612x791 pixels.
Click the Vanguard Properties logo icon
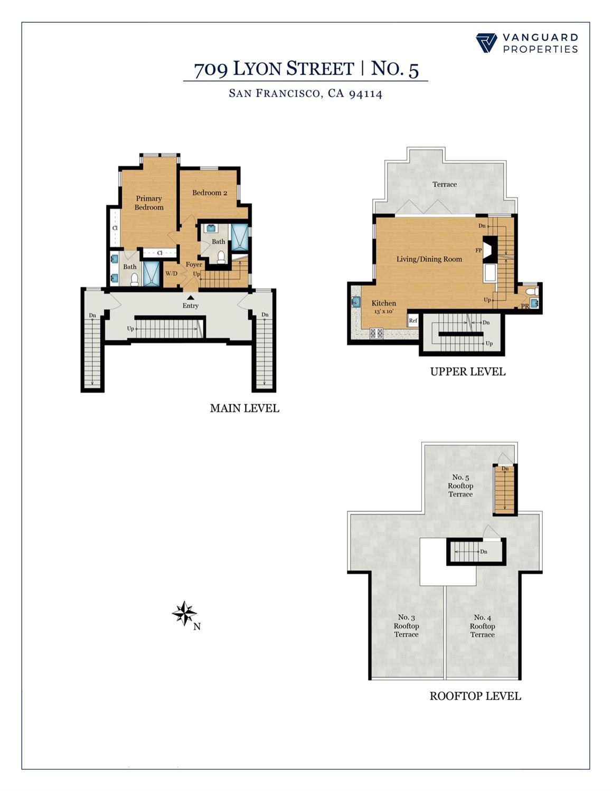486,43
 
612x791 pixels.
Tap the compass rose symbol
184,613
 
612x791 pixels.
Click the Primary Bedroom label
149,203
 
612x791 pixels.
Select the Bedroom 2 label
210,193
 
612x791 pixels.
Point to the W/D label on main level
171,274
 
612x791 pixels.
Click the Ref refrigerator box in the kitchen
413,320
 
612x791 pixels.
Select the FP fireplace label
479,250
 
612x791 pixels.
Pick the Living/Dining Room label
429,259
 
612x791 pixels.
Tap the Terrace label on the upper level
445,184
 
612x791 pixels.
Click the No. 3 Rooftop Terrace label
406,626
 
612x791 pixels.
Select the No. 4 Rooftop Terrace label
482,626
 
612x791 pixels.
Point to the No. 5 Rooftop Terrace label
460,485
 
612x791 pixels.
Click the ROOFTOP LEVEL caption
475,696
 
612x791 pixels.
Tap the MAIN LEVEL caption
244,408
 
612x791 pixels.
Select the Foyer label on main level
194,264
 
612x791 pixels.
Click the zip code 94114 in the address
365,94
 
